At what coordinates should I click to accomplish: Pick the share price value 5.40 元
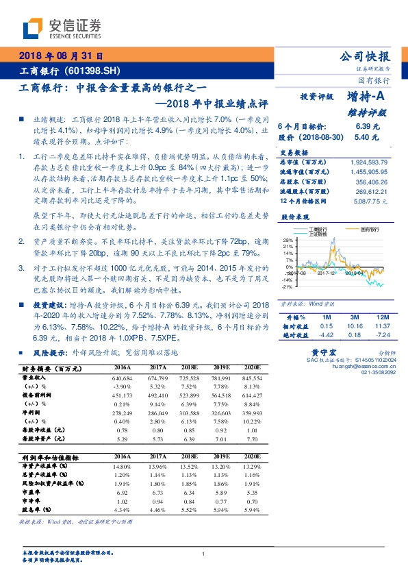point(364,137)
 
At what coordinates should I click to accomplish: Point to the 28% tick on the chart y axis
point(288,240)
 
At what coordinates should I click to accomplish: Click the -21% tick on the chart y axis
point(288,286)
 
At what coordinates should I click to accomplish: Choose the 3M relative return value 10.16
point(354,327)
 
